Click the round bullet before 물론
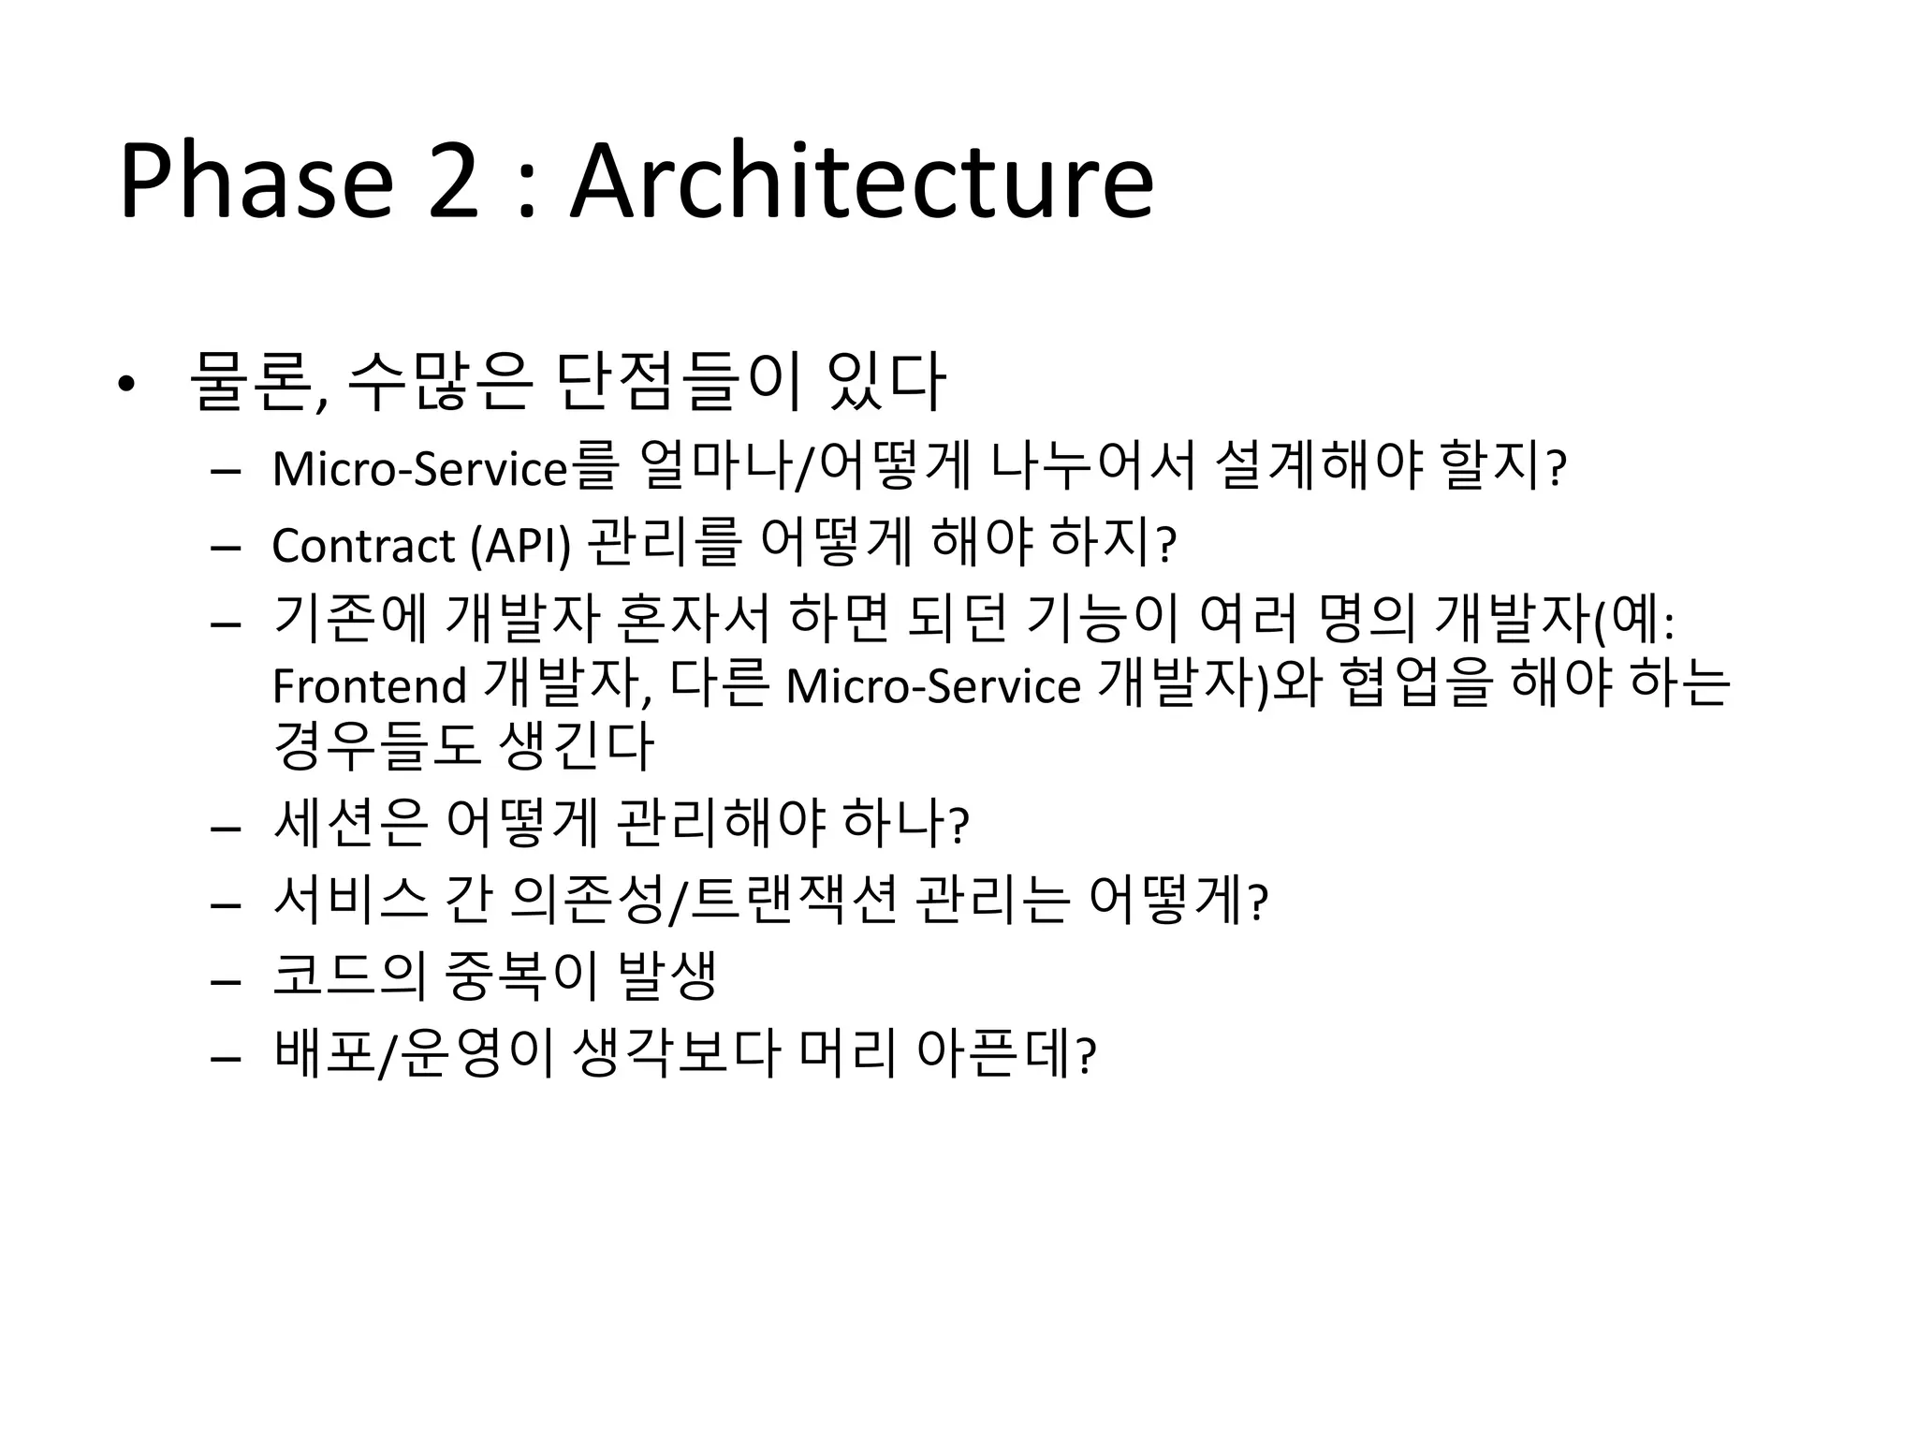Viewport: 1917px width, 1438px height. click(126, 385)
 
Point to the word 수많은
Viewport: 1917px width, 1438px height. click(439, 382)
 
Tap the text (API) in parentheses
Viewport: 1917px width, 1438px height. click(520, 545)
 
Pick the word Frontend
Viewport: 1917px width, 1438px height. click(369, 685)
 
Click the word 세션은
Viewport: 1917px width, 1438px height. click(349, 823)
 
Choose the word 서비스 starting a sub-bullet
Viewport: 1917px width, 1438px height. click(350, 900)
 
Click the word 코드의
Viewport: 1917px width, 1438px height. click(349, 976)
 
